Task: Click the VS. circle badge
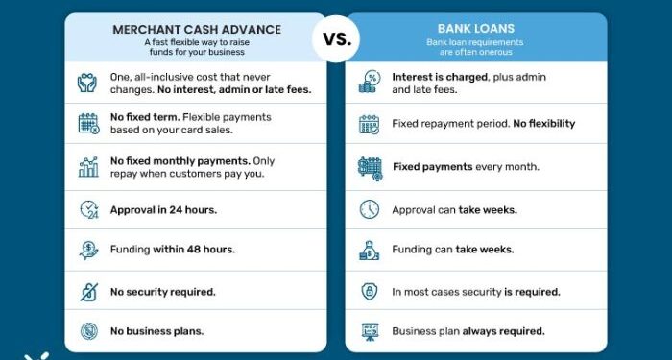coord(335,39)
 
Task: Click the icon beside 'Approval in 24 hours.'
coord(88,209)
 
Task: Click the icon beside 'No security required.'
coord(88,291)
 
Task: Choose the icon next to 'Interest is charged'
coord(370,83)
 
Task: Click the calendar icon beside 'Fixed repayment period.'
coord(370,124)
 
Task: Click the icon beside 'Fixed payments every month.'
coord(370,167)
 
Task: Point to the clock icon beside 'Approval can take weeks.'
coord(370,209)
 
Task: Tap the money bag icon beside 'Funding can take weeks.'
coord(370,251)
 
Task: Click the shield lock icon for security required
coord(370,291)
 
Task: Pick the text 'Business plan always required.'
coord(468,331)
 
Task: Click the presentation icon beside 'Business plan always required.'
coord(370,332)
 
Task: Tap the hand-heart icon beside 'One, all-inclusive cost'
coord(88,83)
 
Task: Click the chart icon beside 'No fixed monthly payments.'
coord(88,167)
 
